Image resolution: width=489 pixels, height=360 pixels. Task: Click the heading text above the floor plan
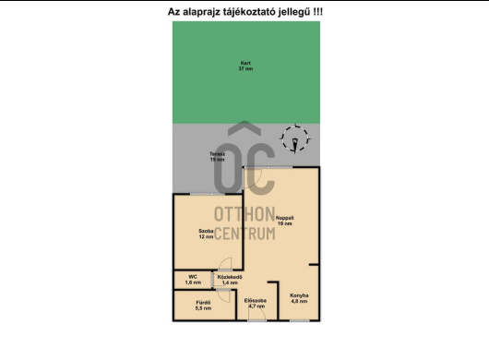(x=244, y=12)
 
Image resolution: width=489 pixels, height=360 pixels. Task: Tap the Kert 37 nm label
(x=245, y=66)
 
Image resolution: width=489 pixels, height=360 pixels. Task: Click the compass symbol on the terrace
(x=295, y=140)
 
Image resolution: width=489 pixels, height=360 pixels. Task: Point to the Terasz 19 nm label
(x=217, y=157)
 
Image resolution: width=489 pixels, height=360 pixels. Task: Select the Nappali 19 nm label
(x=284, y=221)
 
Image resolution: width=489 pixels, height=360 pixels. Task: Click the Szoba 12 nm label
(x=206, y=234)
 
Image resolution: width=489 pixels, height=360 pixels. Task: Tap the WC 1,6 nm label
(x=194, y=279)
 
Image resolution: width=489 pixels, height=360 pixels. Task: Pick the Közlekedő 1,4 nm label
(x=230, y=279)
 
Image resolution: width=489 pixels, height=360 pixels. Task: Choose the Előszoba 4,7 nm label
(x=256, y=303)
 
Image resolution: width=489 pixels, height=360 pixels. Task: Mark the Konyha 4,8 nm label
(x=299, y=298)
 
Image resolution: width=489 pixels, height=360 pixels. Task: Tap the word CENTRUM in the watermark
(x=244, y=234)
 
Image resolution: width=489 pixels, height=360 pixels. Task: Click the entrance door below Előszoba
(x=256, y=319)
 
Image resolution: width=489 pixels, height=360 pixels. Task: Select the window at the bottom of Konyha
(x=299, y=320)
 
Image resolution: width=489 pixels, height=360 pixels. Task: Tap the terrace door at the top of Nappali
(x=274, y=167)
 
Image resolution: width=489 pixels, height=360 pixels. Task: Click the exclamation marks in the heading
(x=317, y=12)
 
